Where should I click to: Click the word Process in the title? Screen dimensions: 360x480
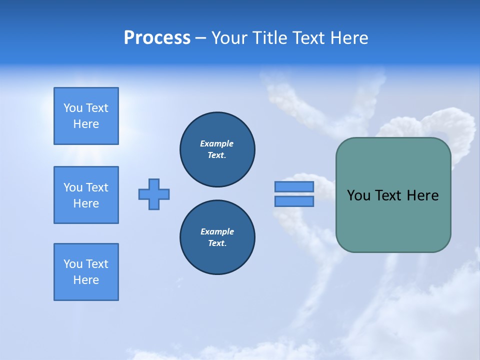coord(157,38)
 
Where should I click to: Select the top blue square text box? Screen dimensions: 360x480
coord(86,116)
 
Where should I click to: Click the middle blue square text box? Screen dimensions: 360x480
coord(86,195)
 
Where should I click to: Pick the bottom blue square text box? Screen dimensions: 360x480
coord(86,272)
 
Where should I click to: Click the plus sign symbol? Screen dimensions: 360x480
coord(154,194)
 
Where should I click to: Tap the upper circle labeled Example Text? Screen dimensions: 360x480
coord(217,149)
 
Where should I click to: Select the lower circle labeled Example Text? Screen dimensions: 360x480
coord(217,237)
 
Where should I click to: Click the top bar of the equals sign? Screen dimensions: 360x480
coord(294,186)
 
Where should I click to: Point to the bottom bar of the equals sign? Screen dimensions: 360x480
coord(294,201)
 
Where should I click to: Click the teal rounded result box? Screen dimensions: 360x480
coord(393,220)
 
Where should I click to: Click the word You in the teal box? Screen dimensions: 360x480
coord(358,195)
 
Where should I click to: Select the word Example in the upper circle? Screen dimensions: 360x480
coord(216,143)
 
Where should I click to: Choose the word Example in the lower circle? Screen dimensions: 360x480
coord(217,231)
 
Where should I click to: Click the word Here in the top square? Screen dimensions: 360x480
coord(86,124)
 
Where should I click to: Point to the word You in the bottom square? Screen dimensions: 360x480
coord(73,264)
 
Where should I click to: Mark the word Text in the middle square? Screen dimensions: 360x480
coord(97,187)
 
